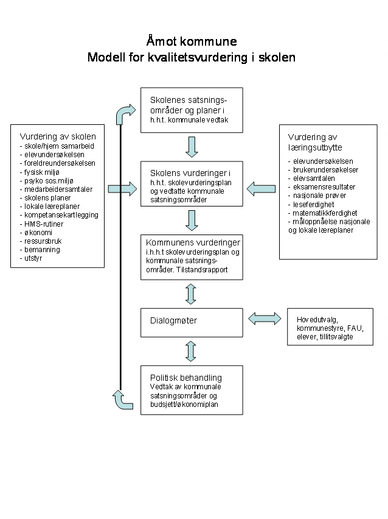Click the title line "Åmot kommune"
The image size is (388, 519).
[x=192, y=41]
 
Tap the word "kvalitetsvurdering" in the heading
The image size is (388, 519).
[x=198, y=57]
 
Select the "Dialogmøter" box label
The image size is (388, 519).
[x=173, y=320]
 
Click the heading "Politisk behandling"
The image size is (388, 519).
[x=186, y=378]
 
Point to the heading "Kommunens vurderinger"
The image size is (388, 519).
[x=193, y=242]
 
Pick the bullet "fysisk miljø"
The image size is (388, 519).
[x=41, y=172]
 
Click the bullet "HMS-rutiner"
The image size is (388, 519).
[x=44, y=224]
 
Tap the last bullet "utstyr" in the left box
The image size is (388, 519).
[x=33, y=258]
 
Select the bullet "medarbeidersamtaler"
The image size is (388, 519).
[x=58, y=189]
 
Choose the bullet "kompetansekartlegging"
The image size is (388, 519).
[x=61, y=215]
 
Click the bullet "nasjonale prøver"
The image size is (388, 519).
[x=319, y=196]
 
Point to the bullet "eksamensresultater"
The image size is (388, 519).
[x=324, y=186]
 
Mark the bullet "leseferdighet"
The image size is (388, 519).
[x=313, y=205]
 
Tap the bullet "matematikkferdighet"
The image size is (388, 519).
[x=325, y=213]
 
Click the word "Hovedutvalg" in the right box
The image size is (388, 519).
[x=317, y=320]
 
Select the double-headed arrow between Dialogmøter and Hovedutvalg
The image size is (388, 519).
[x=265, y=319]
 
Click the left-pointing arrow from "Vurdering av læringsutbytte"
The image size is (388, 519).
[x=261, y=189]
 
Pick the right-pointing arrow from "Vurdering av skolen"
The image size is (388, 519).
[x=123, y=189]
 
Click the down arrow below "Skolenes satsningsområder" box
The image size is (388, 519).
[x=192, y=147]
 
